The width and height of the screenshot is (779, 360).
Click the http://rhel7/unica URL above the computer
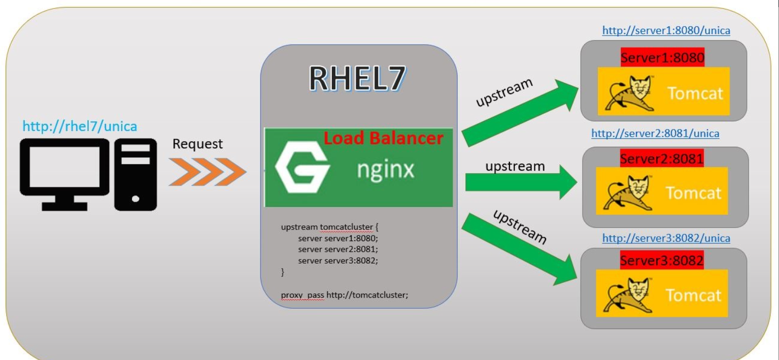(x=80, y=125)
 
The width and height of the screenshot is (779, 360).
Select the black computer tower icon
(x=136, y=174)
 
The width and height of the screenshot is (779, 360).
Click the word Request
(x=197, y=144)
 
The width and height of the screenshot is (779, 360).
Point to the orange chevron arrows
(x=207, y=172)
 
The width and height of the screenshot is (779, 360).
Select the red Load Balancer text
(x=383, y=138)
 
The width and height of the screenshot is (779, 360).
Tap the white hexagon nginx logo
(x=303, y=168)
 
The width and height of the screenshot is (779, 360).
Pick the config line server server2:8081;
(x=338, y=249)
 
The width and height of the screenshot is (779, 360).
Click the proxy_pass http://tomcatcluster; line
(x=344, y=294)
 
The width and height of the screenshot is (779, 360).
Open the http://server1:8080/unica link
(x=666, y=30)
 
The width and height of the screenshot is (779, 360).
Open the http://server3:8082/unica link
(x=666, y=238)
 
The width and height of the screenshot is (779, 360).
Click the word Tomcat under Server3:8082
(x=693, y=295)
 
